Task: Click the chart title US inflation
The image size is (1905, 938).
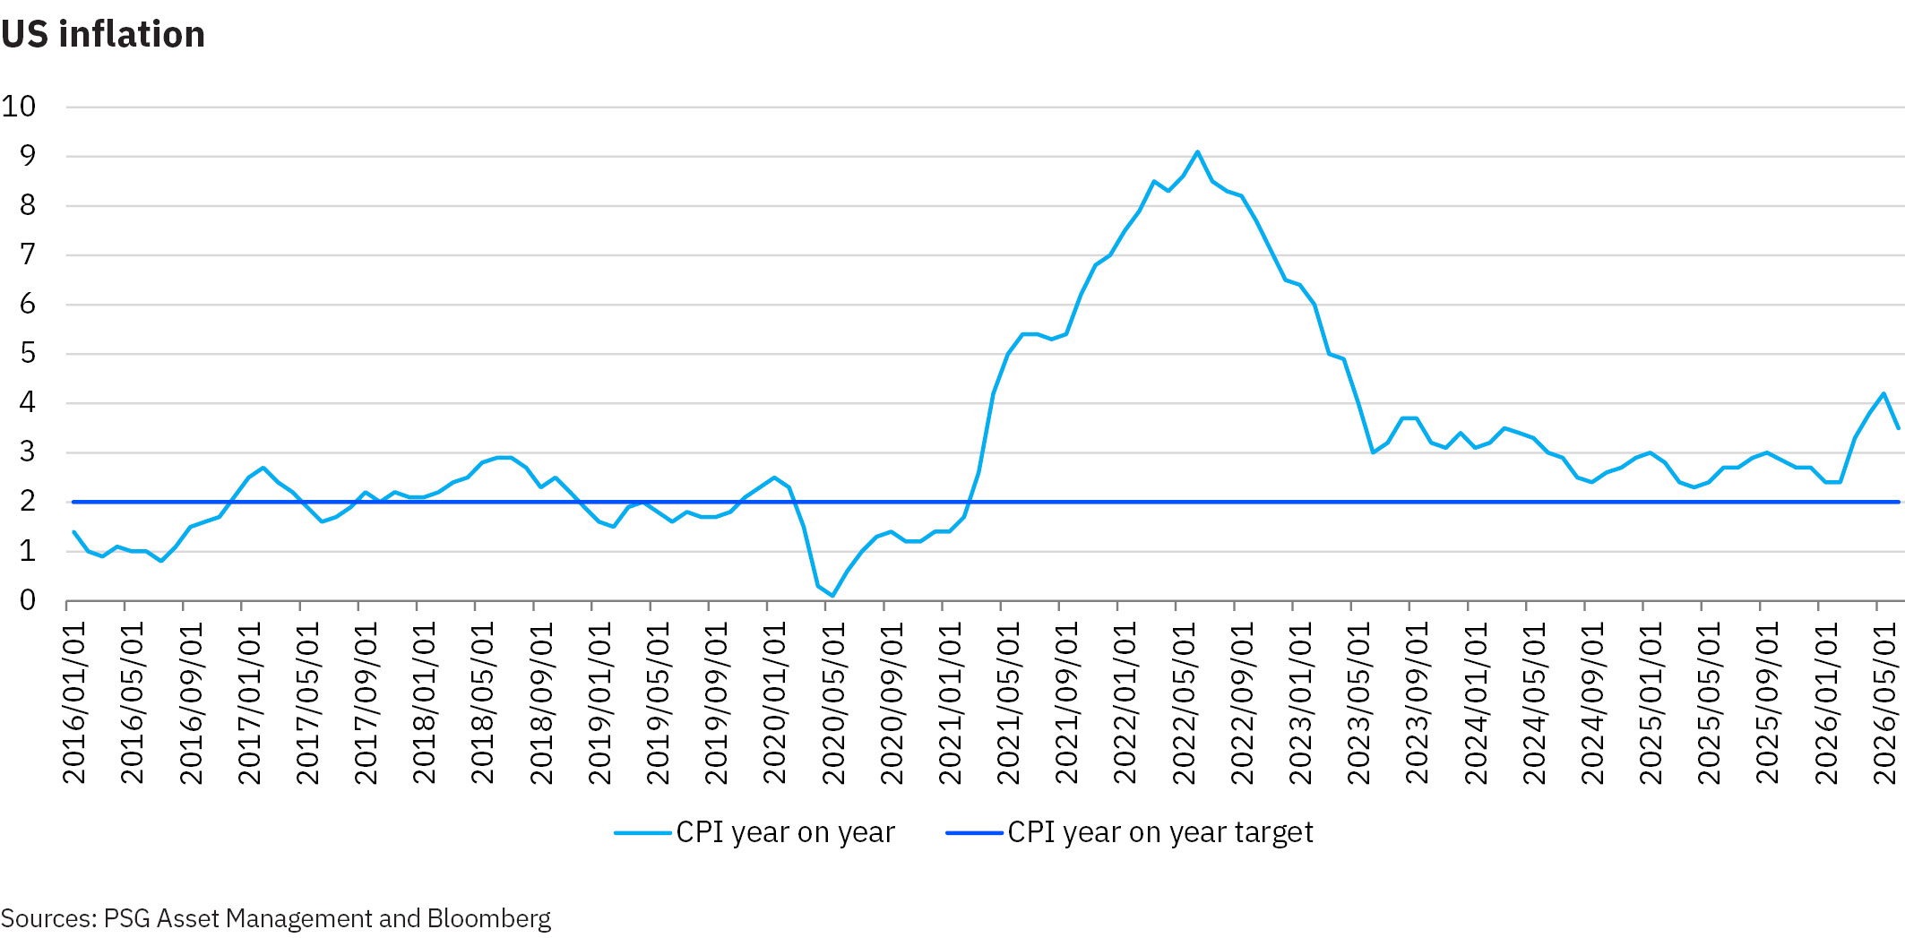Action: click(x=103, y=34)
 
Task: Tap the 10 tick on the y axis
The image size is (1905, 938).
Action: click(x=19, y=107)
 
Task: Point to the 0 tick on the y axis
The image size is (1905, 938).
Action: click(x=28, y=600)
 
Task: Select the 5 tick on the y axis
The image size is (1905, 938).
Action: click(x=28, y=353)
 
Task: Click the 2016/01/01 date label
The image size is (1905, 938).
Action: click(x=73, y=703)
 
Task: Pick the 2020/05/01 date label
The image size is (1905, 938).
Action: click(x=833, y=703)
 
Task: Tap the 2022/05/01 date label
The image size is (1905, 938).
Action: click(x=1184, y=703)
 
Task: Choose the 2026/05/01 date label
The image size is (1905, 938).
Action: click(x=1884, y=703)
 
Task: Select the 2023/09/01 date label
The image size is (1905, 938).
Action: click(x=1417, y=703)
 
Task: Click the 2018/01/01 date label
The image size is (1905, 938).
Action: click(x=424, y=703)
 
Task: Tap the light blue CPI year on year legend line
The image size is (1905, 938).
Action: click(x=642, y=833)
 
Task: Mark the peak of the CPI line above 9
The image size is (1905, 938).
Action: click(x=1197, y=152)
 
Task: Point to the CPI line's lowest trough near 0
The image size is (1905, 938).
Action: click(x=832, y=596)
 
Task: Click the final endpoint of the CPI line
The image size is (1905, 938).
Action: click(x=1898, y=428)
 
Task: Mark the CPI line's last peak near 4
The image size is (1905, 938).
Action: click(x=1883, y=393)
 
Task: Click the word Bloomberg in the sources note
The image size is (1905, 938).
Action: click(x=489, y=918)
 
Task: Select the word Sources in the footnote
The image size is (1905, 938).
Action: click(x=46, y=918)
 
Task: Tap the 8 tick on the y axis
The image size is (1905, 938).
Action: click(x=28, y=205)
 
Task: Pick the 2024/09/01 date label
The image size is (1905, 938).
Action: click(x=1592, y=703)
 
